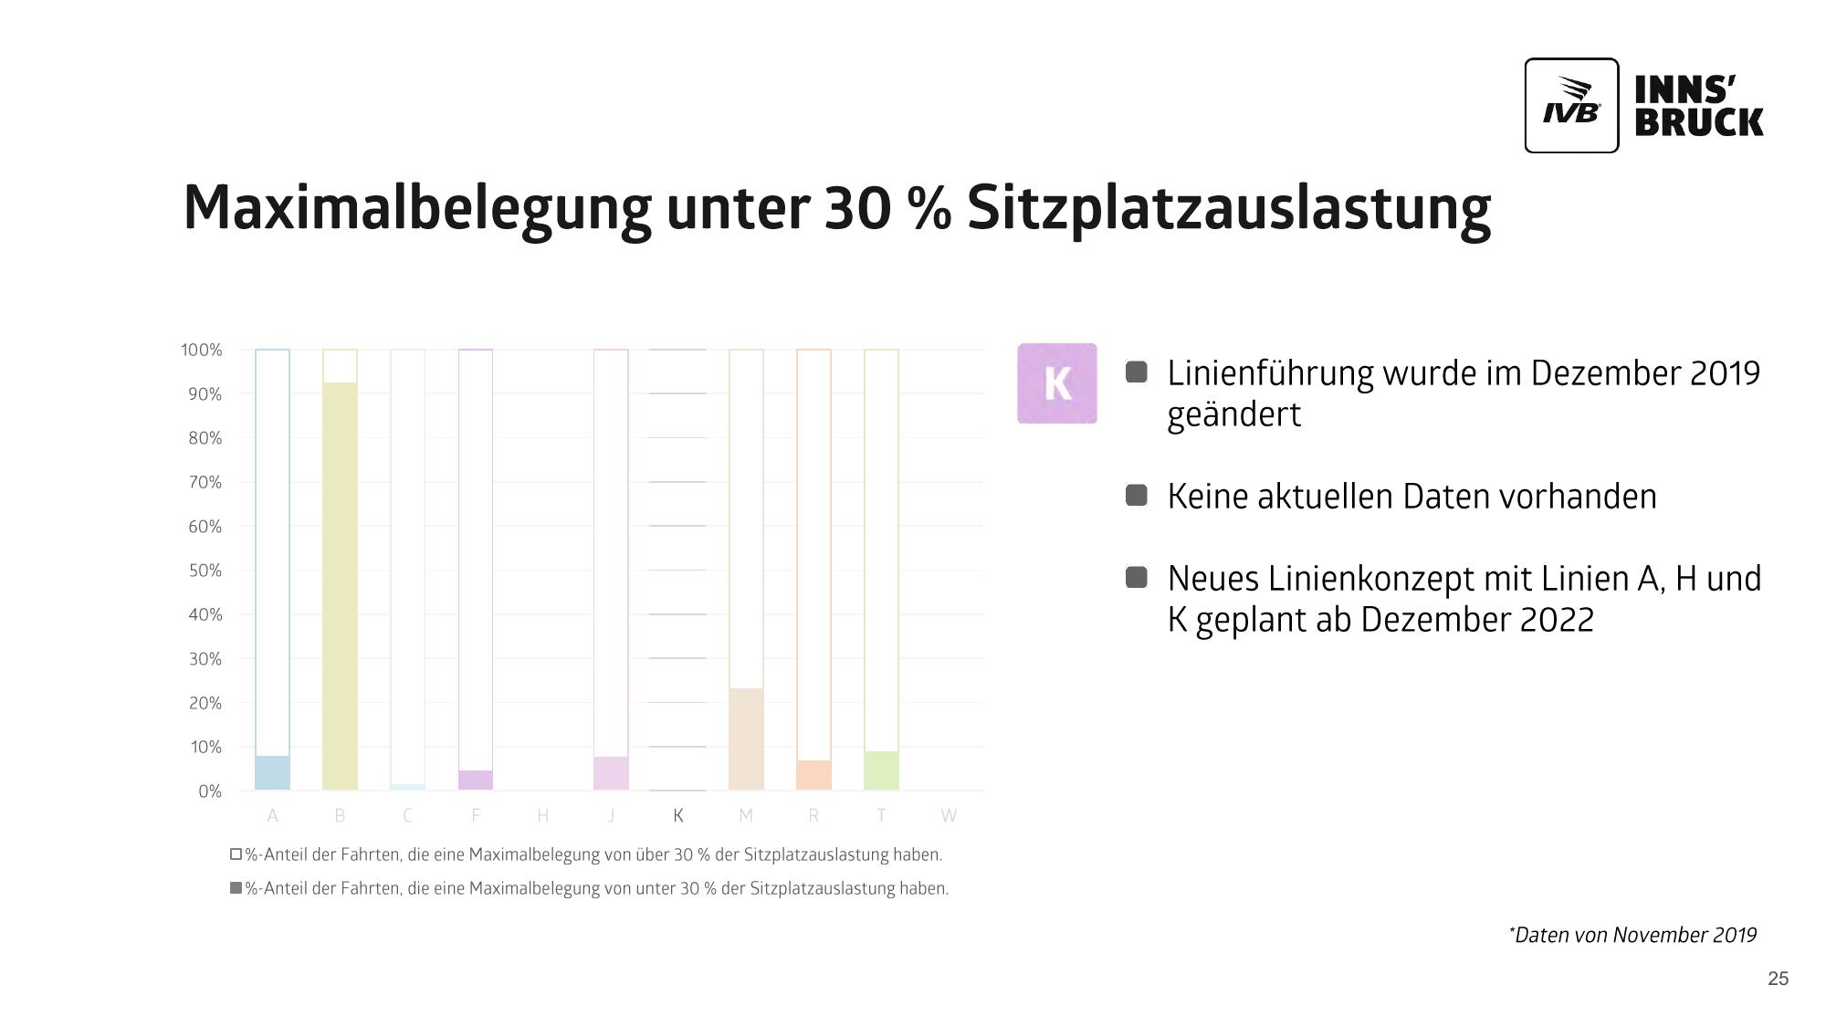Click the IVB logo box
[x=1571, y=105]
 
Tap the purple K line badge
[x=1056, y=383]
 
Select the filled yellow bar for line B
[x=340, y=585]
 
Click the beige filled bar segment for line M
[x=746, y=739]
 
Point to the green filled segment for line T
[x=881, y=770]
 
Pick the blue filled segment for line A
[x=272, y=772]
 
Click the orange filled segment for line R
[x=813, y=775]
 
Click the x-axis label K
[x=678, y=815]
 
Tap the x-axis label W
[x=949, y=815]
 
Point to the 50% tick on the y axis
[x=205, y=571]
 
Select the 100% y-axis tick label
[x=201, y=350]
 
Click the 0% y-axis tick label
[x=210, y=791]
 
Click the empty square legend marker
[x=236, y=854]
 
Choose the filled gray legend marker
[x=236, y=888]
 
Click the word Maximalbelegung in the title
[x=416, y=208]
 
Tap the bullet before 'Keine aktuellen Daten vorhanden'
[x=1136, y=496]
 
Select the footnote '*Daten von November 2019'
[x=1632, y=935]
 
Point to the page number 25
[x=1778, y=979]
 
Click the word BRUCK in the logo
[x=1698, y=122]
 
